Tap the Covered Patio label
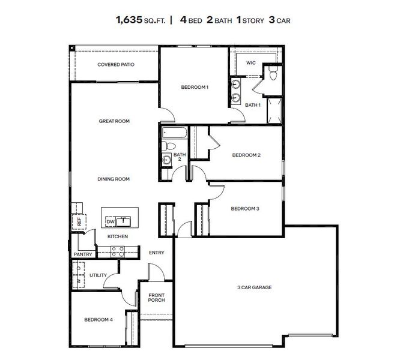coord(116,64)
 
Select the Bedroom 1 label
coord(195,88)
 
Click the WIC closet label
coord(251,62)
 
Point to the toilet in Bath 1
coord(272,74)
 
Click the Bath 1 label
coord(252,105)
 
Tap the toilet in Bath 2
coord(171,146)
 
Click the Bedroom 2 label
coord(246,155)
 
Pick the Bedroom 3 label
coord(245,209)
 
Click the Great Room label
coord(114,121)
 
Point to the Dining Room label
coord(114,179)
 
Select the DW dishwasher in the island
coord(111,222)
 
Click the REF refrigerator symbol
coord(78,221)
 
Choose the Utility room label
coord(98,275)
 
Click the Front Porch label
coord(156,296)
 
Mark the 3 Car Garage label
coord(254,287)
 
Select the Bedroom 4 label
coord(98,319)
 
